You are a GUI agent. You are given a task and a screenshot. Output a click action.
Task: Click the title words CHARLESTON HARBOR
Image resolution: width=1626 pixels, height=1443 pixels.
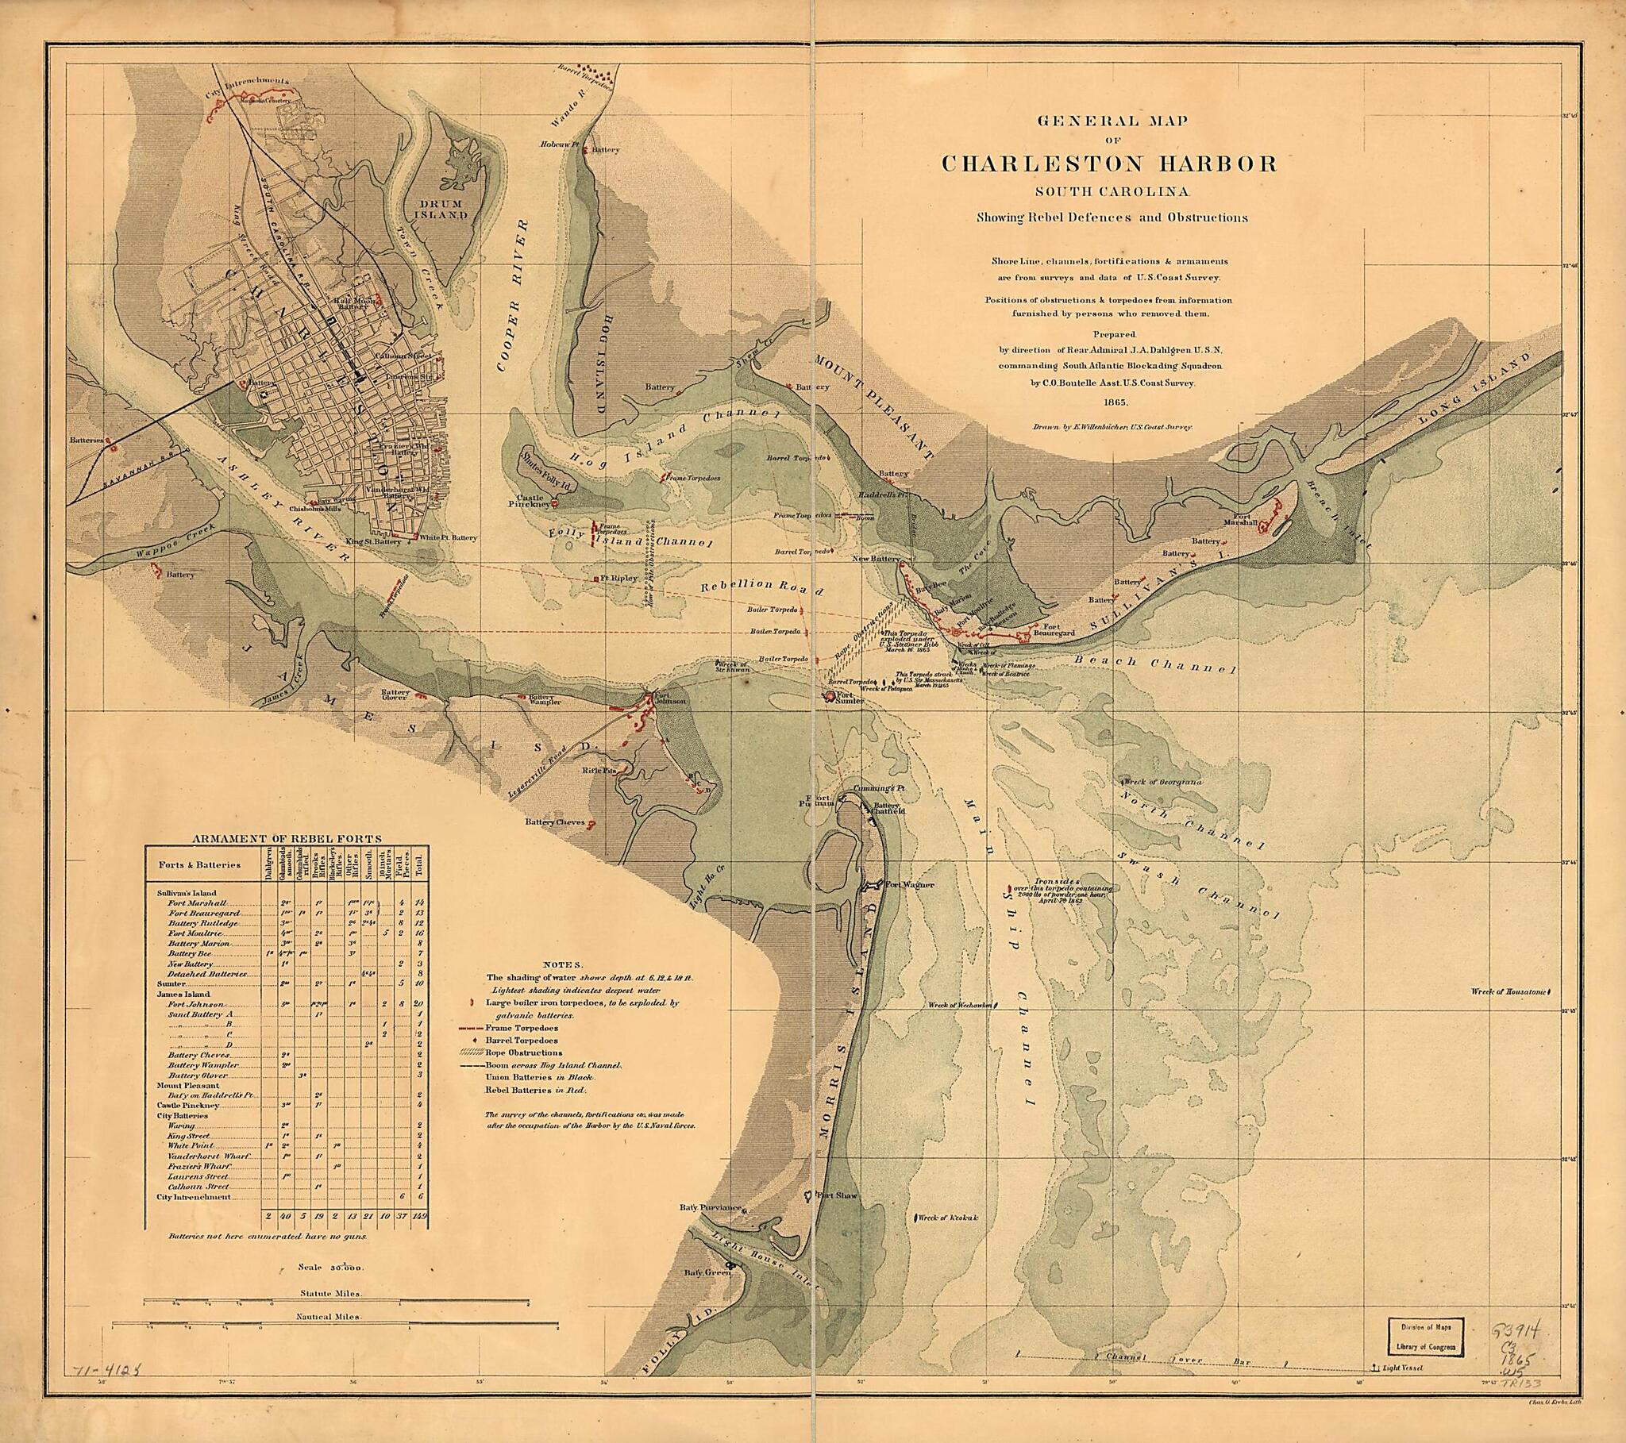tap(1109, 164)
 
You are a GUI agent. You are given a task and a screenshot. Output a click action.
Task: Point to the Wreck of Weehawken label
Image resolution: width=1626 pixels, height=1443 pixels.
tap(959, 1006)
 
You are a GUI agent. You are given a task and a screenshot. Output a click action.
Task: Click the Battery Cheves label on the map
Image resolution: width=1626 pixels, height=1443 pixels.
tap(554, 822)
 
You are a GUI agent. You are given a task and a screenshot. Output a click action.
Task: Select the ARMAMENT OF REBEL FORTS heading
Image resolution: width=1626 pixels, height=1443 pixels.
tap(287, 838)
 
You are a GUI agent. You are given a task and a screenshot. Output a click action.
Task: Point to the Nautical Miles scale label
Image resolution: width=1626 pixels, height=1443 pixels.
tap(329, 1317)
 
